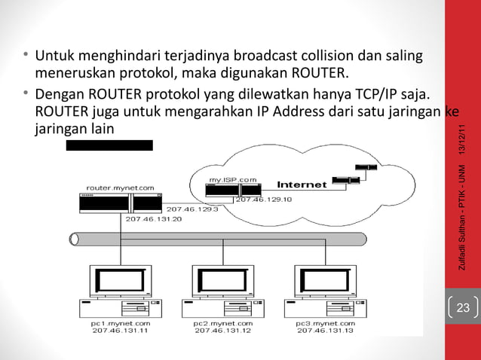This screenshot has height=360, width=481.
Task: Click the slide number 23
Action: (462, 307)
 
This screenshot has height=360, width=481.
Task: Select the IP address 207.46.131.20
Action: (154, 218)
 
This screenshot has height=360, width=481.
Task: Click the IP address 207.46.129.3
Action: (191, 209)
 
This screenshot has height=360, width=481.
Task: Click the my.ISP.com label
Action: (231, 179)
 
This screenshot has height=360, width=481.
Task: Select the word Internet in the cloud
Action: (302, 184)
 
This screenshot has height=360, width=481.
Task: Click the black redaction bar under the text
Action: (109, 145)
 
